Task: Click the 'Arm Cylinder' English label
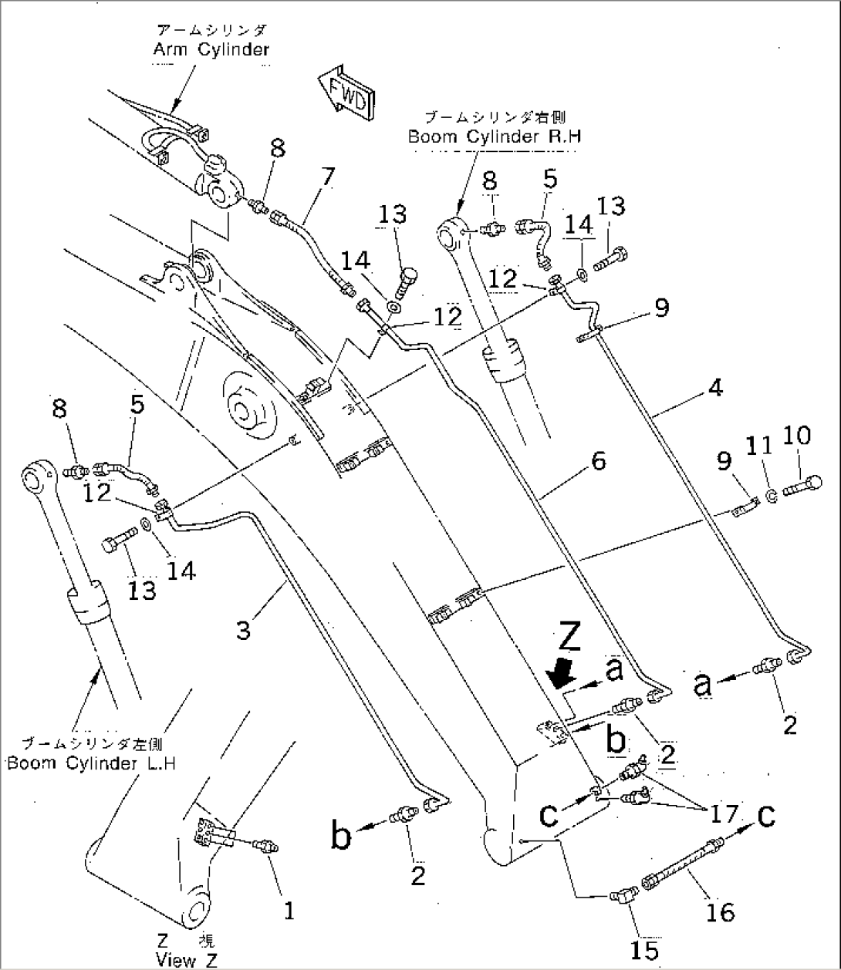point(211,49)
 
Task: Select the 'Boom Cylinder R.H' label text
point(494,136)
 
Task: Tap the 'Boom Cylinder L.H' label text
point(92,763)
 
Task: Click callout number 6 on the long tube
point(598,461)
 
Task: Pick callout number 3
point(243,630)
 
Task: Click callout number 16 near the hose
point(721,912)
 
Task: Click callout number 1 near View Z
point(288,912)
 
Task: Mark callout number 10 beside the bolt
point(796,436)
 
